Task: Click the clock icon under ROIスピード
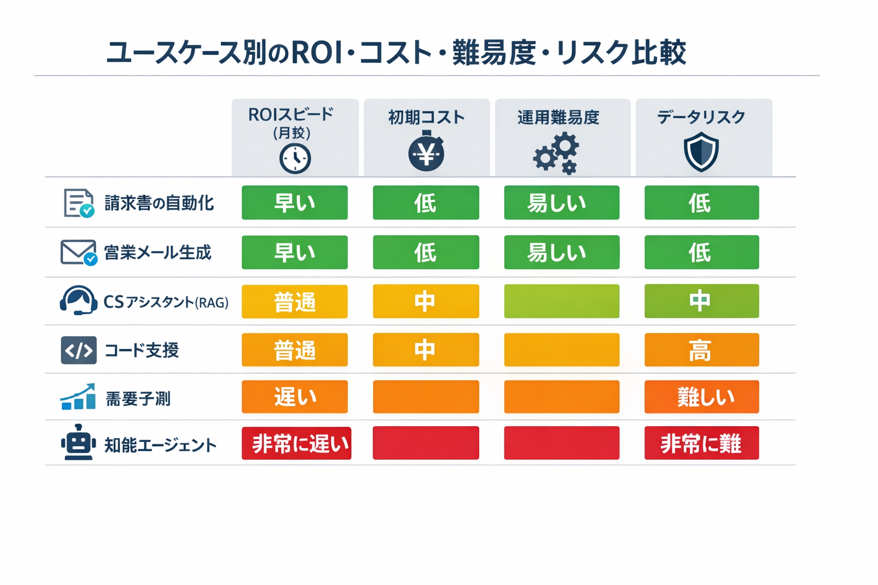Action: pos(295,158)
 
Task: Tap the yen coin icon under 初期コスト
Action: pos(426,153)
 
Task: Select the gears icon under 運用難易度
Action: pos(557,153)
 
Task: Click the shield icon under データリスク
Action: pos(701,152)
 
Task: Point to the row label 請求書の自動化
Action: pos(159,203)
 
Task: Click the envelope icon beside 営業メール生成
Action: pos(78,253)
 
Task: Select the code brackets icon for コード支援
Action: pos(78,350)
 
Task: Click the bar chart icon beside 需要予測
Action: pos(78,398)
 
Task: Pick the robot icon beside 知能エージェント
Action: pos(78,443)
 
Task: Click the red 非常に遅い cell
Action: pos(296,443)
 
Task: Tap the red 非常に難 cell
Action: pos(701,443)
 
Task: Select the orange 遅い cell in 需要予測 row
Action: pos(294,397)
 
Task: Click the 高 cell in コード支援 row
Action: pos(701,350)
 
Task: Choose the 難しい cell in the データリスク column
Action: pos(701,397)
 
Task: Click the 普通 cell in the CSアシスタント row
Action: pos(294,302)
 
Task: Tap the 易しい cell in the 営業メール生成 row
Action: pos(561,253)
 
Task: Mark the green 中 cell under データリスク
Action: pos(701,301)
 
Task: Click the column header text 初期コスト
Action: pos(426,118)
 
